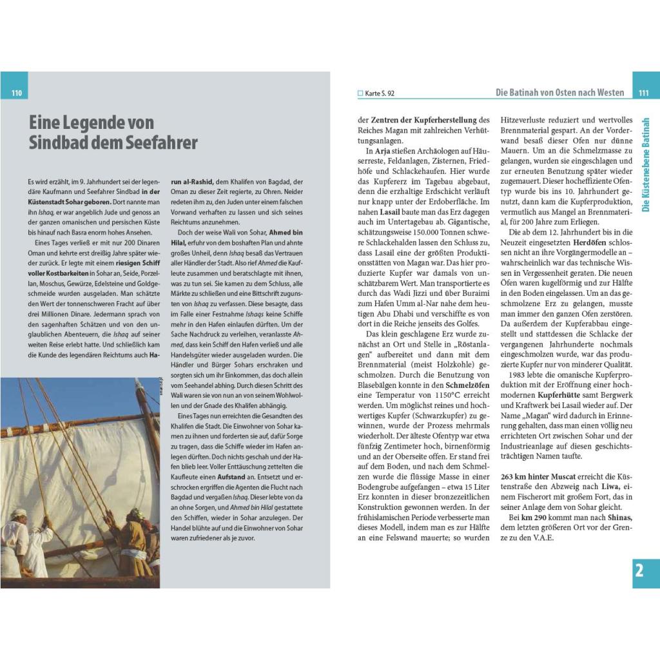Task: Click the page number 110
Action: coord(16,93)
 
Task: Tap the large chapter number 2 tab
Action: coord(639,570)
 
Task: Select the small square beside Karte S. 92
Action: coord(360,93)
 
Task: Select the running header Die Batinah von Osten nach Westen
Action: coord(559,93)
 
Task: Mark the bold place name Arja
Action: coord(382,151)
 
